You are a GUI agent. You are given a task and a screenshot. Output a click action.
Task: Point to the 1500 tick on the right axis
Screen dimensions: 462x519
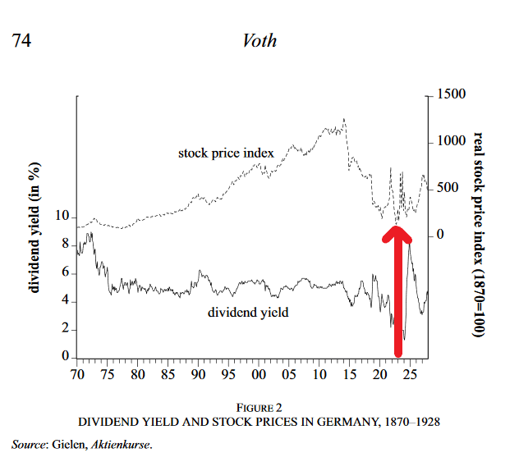(450, 95)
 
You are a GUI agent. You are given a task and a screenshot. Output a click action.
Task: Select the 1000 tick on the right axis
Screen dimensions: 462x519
(450, 141)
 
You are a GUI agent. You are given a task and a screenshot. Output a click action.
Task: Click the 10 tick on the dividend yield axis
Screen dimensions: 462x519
(62, 216)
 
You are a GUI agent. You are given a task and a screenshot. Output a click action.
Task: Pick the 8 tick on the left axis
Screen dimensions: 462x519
(66, 245)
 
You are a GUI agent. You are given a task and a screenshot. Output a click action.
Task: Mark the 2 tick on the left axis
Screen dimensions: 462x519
(66, 330)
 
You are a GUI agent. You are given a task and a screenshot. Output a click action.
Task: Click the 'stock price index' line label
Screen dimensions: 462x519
(225, 153)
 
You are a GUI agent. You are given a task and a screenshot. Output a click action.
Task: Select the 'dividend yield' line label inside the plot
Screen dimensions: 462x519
(247, 312)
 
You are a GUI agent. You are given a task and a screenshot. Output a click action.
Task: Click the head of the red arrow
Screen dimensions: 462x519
(397, 233)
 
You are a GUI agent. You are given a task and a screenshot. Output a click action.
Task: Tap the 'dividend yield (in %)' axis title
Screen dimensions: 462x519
(35, 227)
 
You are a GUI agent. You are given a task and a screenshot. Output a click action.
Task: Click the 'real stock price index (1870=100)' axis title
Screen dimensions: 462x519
(480, 235)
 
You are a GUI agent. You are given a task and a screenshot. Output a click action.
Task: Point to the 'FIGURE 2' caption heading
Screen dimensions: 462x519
(259, 408)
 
